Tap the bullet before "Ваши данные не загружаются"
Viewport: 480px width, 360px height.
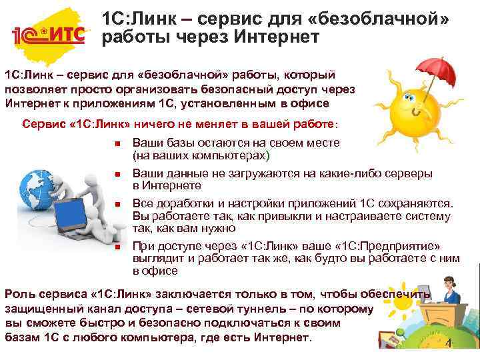coord(115,174)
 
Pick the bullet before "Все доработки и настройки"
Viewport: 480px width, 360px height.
coord(115,204)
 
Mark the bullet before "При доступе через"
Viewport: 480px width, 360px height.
coord(115,246)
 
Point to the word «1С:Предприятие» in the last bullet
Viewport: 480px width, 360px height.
coord(399,246)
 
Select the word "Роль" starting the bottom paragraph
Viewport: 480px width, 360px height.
coord(20,294)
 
